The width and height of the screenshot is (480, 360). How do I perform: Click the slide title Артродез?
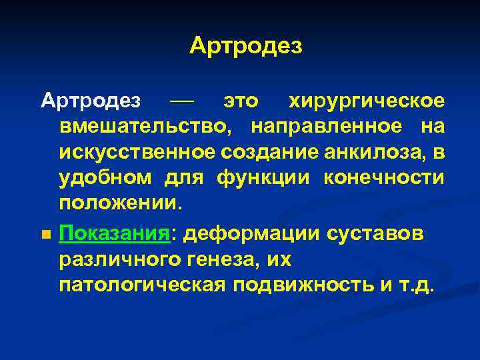[245, 46]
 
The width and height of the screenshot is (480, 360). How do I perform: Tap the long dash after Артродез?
[181, 101]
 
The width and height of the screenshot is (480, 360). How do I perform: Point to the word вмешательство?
[146, 126]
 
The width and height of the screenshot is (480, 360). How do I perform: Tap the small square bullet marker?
[45, 235]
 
